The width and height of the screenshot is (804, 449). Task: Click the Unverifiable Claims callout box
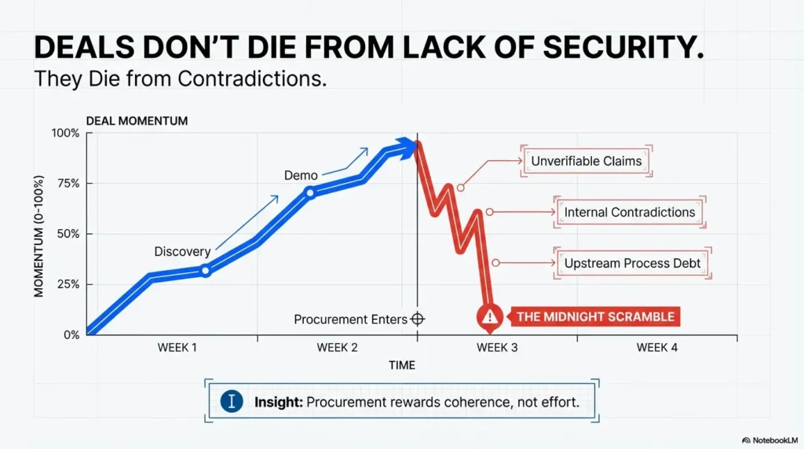click(586, 162)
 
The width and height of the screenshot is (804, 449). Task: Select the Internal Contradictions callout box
click(629, 212)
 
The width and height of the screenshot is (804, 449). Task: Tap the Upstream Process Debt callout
click(632, 264)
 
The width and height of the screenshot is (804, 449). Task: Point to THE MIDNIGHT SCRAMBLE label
click(594, 317)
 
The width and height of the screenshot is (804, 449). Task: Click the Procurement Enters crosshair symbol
click(417, 319)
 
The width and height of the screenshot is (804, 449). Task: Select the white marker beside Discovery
click(206, 271)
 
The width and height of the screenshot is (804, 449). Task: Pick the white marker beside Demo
click(309, 192)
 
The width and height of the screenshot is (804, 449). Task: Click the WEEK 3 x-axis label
click(497, 347)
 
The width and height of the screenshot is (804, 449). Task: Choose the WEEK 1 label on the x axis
click(177, 347)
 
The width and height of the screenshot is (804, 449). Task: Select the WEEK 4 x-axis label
click(656, 347)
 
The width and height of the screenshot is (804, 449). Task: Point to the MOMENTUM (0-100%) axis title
click(38, 235)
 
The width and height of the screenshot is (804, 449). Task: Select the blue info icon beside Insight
click(231, 401)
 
